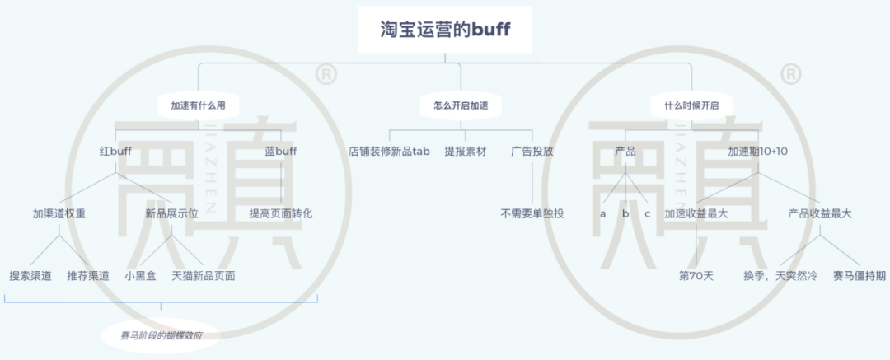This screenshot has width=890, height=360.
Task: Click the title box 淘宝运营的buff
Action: [x=445, y=30]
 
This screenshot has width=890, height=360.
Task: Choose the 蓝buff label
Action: [x=280, y=152]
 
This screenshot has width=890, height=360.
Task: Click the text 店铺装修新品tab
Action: [x=389, y=152]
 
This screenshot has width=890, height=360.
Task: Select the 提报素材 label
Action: [x=466, y=152]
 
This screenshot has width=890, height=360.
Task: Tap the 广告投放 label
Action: [x=532, y=152]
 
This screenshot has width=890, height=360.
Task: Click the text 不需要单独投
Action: [x=532, y=213]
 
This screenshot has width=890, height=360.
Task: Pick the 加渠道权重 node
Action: [x=59, y=213]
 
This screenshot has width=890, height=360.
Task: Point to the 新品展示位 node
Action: [x=171, y=213]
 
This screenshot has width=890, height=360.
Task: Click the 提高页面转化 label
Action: [x=280, y=213]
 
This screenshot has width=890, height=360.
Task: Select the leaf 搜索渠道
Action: [x=30, y=276]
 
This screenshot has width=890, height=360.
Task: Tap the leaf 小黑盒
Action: [x=140, y=276]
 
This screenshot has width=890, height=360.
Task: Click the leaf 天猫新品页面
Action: [x=204, y=276]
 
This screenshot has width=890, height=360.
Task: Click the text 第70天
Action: [x=696, y=276]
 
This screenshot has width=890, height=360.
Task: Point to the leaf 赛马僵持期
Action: [x=860, y=276]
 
